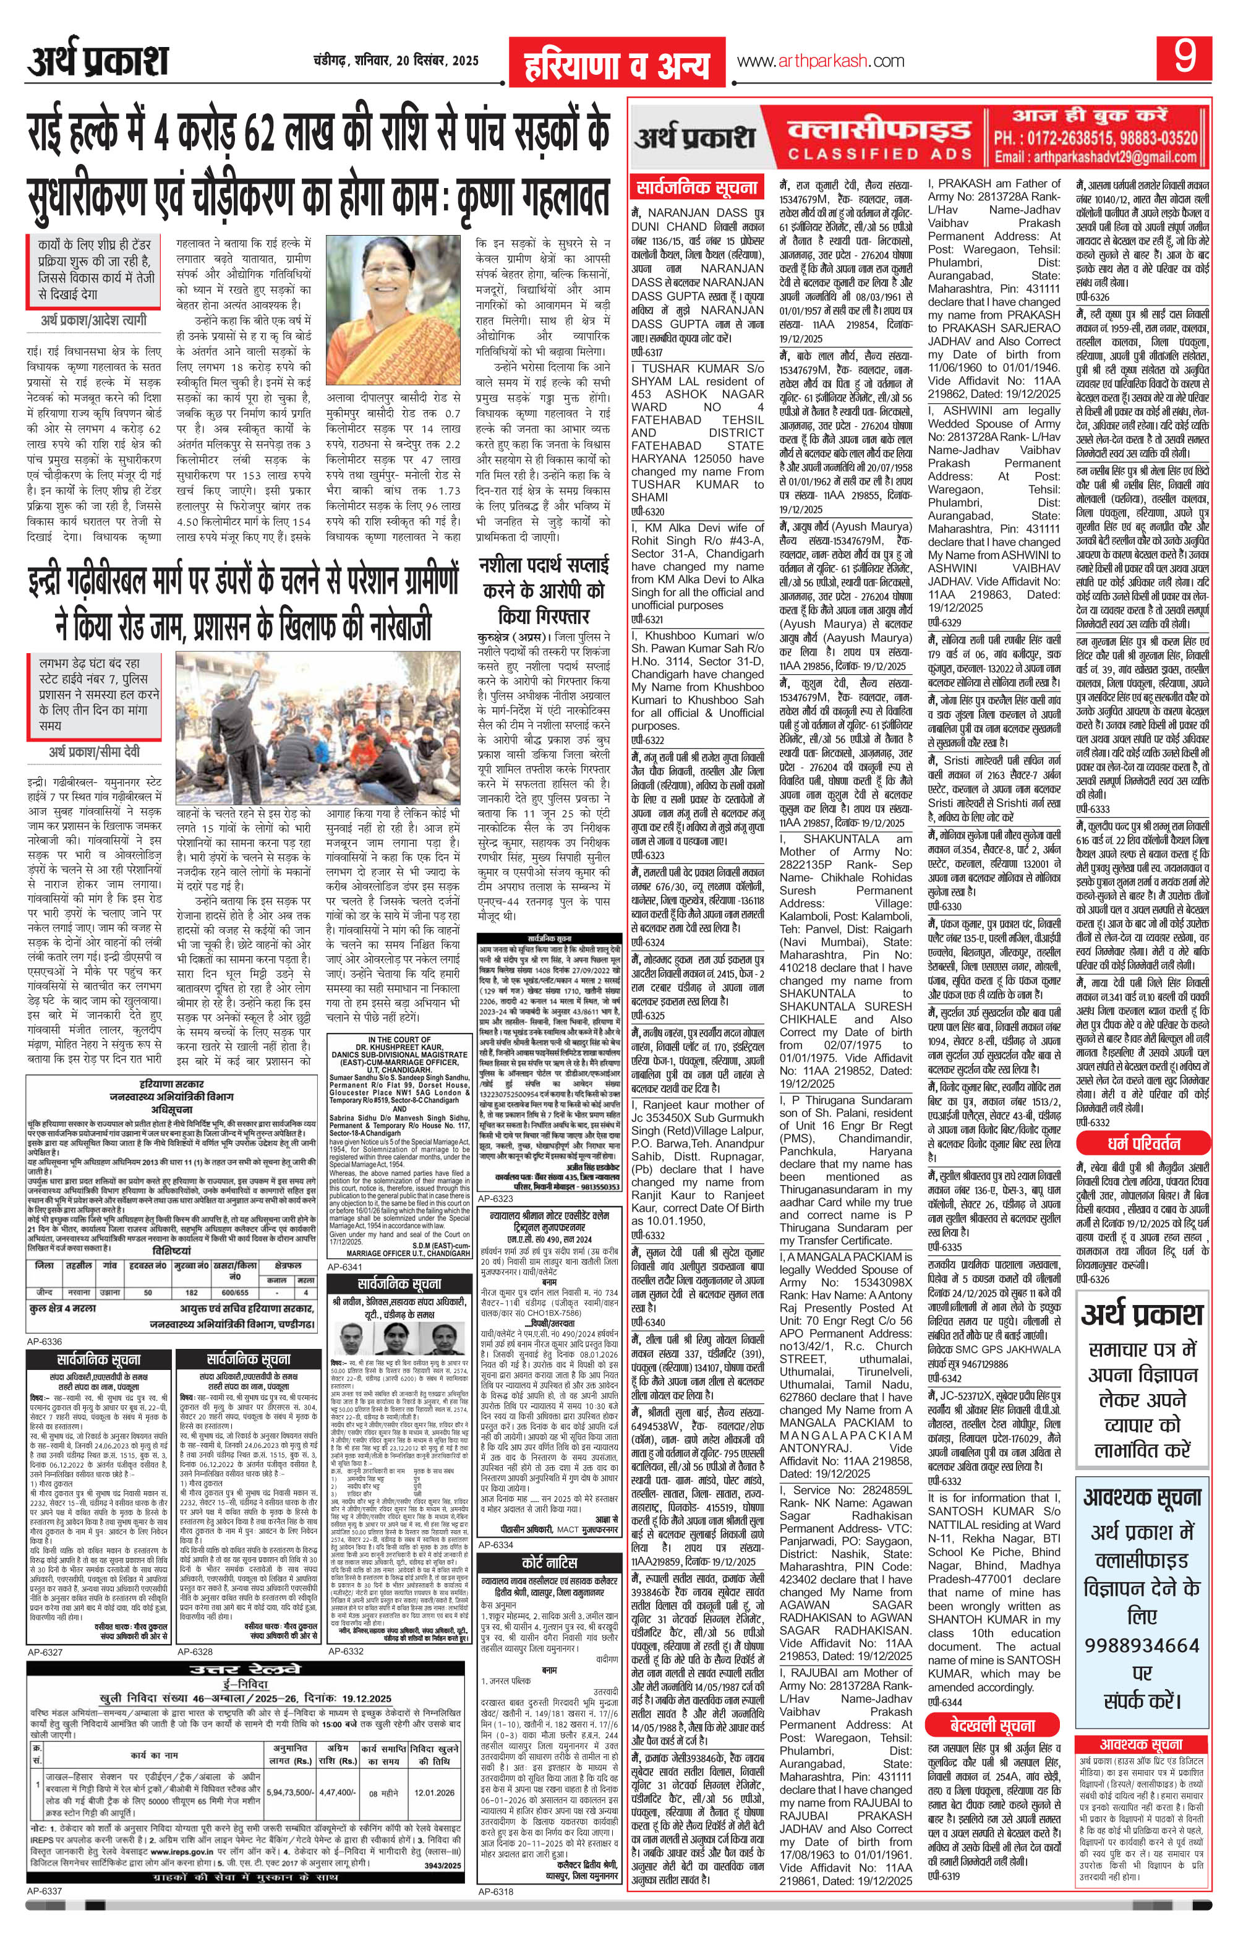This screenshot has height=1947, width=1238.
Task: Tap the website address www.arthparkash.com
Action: click(x=820, y=61)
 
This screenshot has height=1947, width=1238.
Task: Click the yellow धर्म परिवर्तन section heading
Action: click(x=1140, y=1144)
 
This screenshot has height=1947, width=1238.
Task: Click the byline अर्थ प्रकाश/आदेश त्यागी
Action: click(x=95, y=321)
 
